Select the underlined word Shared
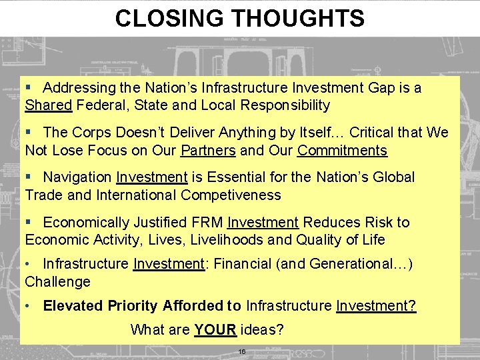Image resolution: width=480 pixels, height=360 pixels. [49, 105]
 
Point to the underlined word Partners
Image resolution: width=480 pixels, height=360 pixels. [208, 150]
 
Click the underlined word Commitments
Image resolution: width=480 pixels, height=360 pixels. [342, 150]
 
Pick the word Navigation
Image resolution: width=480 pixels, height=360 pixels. [77, 177]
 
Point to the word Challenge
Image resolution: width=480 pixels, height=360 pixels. [57, 282]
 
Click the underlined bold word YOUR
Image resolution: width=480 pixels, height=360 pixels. [215, 329]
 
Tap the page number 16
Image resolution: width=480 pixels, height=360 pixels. [241, 351]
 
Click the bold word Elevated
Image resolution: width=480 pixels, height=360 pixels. [71, 306]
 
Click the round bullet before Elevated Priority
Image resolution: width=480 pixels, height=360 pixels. [28, 306]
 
